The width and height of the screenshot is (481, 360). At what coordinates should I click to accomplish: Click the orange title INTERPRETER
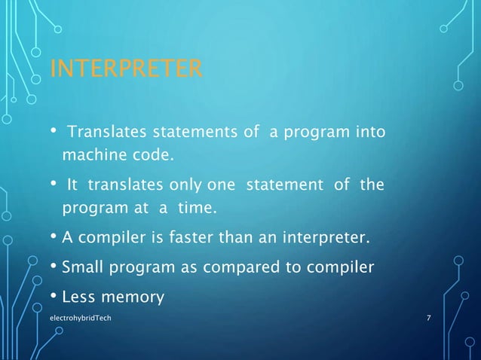tap(125, 70)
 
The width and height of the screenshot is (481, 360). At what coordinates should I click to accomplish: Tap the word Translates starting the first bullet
tap(107, 134)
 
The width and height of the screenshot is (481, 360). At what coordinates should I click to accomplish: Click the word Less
tap(80, 297)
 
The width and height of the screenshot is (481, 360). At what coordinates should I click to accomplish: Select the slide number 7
tap(428, 319)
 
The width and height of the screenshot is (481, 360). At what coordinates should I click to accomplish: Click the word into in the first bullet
tap(369, 134)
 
